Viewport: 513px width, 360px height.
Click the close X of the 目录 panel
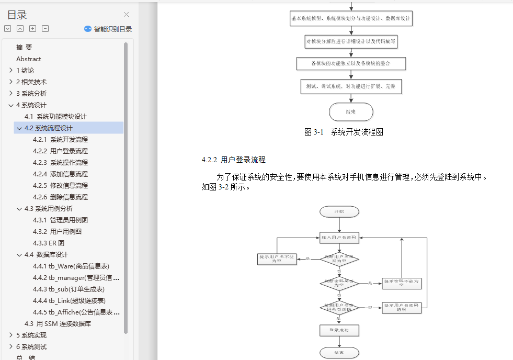tap(126, 15)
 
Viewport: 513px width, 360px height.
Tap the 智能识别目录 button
tap(108, 29)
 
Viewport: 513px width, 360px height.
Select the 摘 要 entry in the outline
tap(24, 48)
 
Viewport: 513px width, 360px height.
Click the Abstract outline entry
tap(29, 59)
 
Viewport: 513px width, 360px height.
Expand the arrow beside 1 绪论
tap(11, 71)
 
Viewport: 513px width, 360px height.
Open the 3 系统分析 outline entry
tap(31, 94)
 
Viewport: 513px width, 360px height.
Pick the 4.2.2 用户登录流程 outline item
tap(60, 151)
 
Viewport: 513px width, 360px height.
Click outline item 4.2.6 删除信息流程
tap(60, 197)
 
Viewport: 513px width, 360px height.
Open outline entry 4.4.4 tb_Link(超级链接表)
tap(69, 301)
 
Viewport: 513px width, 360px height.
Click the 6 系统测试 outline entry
tap(31, 347)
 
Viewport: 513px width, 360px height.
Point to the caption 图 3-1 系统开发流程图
tap(344, 132)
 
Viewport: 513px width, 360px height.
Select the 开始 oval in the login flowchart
tap(339, 212)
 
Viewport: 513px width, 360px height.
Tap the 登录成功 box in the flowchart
tap(339, 330)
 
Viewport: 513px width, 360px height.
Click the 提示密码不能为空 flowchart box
tap(402, 283)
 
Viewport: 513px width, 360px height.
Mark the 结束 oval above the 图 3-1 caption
tap(351, 112)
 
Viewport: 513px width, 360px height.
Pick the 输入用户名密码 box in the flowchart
tap(339, 238)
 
